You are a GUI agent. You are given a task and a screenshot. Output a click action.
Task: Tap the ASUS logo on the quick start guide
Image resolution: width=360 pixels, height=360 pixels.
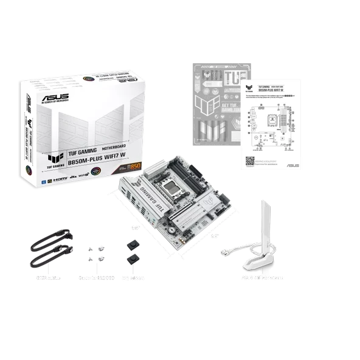[291, 165]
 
